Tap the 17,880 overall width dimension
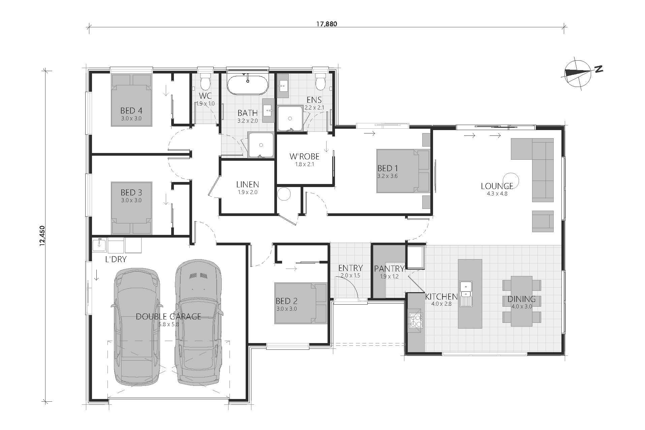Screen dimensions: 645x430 pos(326,24)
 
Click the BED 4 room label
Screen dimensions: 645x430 pos(131,111)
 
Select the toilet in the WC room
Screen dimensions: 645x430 pos(205,81)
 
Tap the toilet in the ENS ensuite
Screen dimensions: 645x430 pos(320,81)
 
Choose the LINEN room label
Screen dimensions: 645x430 pos(247,185)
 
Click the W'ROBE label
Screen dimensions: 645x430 pos(304,156)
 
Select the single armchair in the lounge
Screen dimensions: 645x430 pos(543,221)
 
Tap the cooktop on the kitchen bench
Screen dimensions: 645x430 pos(416,320)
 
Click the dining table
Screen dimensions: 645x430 pos(521,301)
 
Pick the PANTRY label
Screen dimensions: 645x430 pos(389,269)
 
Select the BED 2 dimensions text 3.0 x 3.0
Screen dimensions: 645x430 pos(286,309)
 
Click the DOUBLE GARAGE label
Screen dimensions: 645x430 pos(168,316)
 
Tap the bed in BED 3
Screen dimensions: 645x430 pos(131,208)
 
